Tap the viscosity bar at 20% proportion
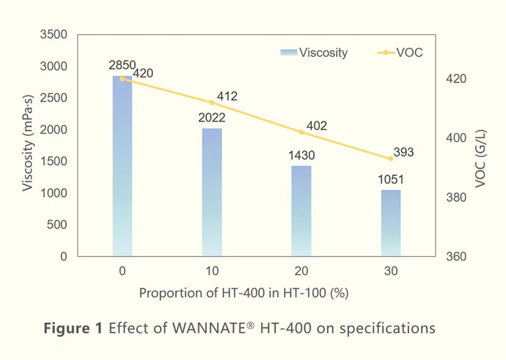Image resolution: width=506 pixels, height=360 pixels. click(302, 211)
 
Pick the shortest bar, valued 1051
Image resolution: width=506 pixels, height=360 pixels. click(391, 223)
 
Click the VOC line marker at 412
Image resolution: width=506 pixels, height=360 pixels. click(211, 103)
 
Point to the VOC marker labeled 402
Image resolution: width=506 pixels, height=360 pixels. click(302, 132)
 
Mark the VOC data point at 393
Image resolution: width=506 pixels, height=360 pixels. click(391, 158)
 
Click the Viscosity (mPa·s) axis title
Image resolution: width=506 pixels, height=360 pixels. click(28, 145)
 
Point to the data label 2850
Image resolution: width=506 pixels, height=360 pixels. click(123, 65)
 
